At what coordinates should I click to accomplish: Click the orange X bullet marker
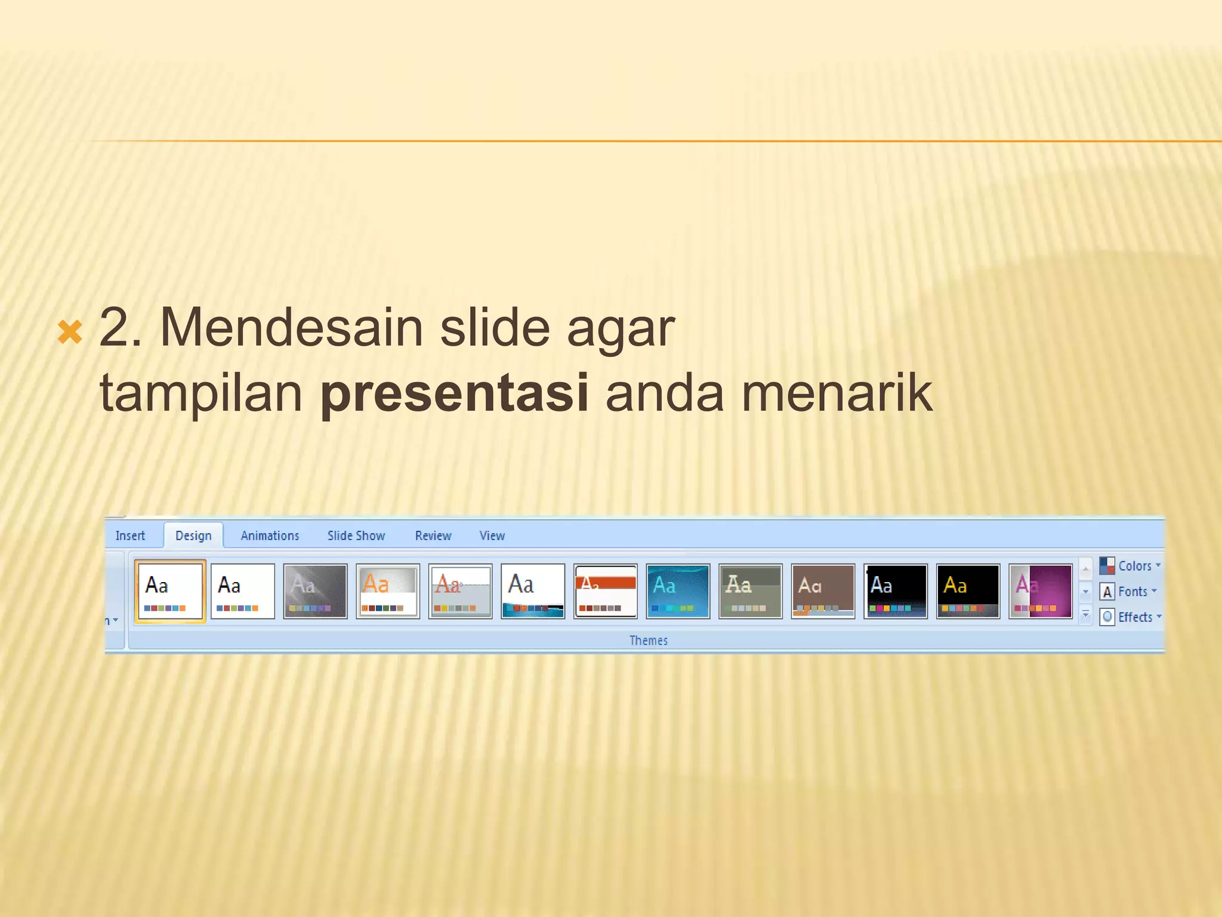tap(70, 332)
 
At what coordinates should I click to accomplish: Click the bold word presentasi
tap(454, 393)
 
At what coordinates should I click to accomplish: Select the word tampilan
tap(201, 393)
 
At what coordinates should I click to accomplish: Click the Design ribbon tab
tap(193, 536)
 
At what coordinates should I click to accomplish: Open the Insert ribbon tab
tap(130, 536)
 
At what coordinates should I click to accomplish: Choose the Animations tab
tap(270, 536)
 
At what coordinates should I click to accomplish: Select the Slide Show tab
tap(356, 536)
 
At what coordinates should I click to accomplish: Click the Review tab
tap(433, 536)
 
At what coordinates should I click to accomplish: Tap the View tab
tap(492, 536)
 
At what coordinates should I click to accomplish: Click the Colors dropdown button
tap(1131, 565)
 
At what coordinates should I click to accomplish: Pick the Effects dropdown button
tap(1131, 617)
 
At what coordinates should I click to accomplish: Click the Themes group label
tap(649, 641)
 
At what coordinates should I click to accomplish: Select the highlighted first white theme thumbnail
tap(170, 591)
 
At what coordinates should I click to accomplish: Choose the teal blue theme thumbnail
tap(678, 591)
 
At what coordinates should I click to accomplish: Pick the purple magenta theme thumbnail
tap(1041, 591)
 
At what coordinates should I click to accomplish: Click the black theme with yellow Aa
tap(968, 591)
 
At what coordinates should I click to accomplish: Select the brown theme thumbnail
tap(823, 591)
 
